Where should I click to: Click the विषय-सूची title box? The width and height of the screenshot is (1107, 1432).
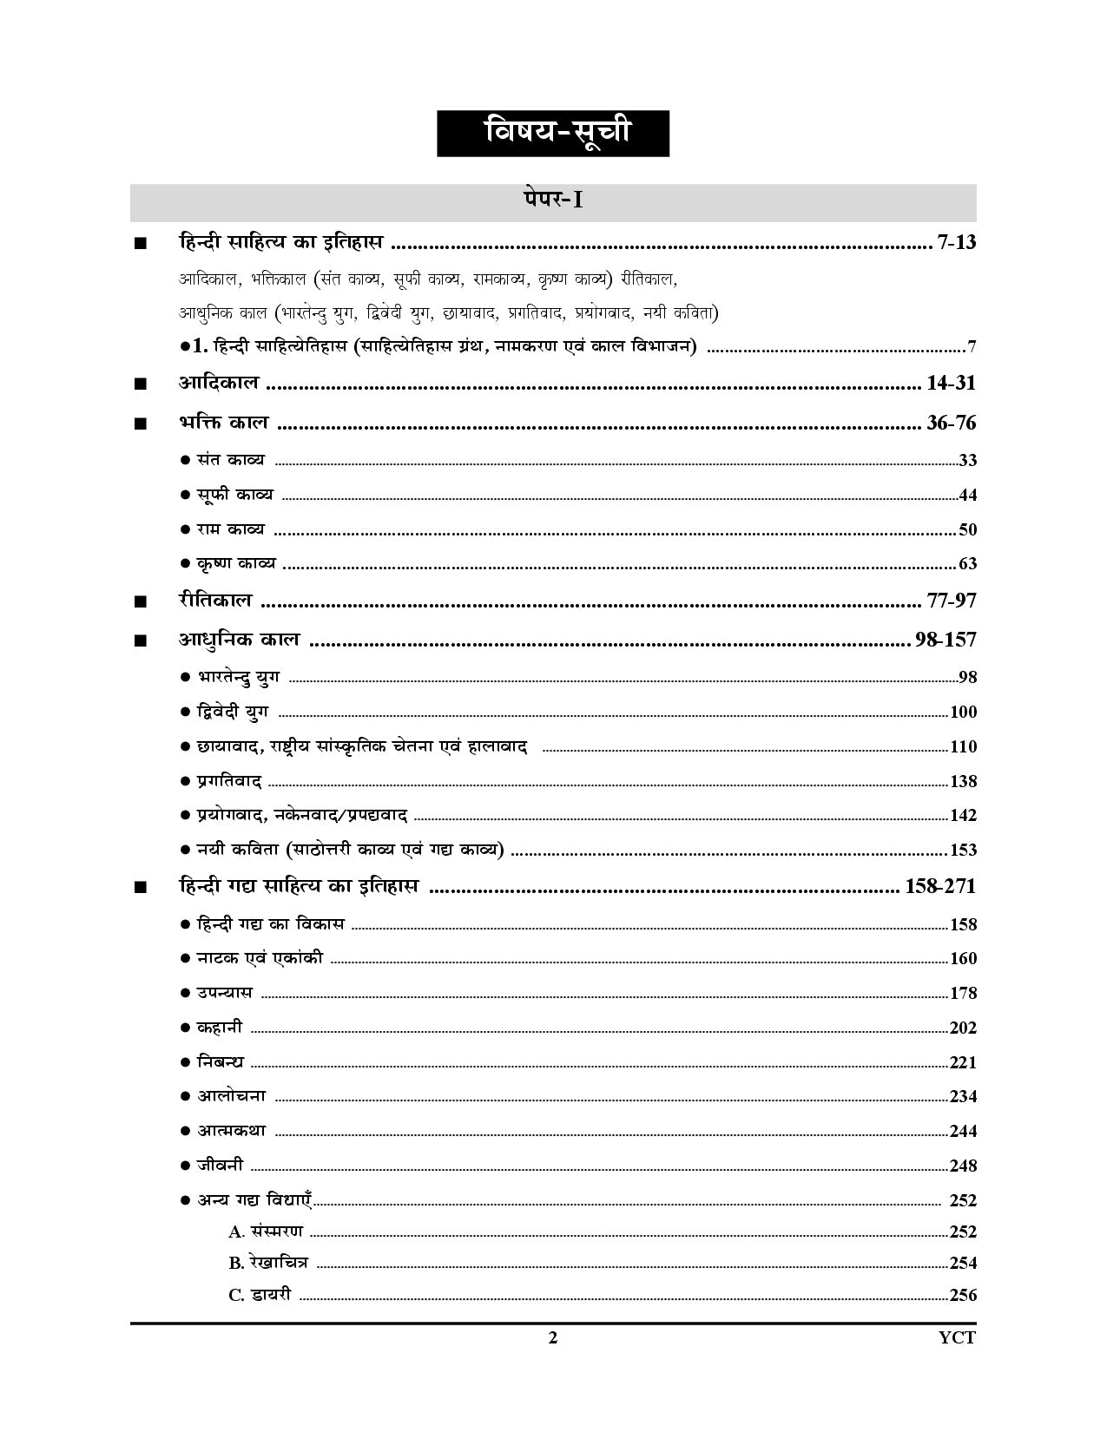pos(552,134)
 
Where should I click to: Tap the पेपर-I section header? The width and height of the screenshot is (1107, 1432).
pos(552,200)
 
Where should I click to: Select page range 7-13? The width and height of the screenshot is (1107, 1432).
pos(957,242)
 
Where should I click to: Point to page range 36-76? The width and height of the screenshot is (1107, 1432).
pos(952,423)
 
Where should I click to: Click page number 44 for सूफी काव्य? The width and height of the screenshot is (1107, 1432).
pos(967,496)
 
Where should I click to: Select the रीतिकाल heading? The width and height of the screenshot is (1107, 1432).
pos(215,600)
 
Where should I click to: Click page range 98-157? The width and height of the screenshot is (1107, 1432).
pos(946,640)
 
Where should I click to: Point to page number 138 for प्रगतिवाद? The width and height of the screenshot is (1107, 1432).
pos(964,781)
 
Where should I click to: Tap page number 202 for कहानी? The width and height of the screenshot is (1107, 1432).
pos(964,1028)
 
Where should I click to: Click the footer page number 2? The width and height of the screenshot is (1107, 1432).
pos(553,1337)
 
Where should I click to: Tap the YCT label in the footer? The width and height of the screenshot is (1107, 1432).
pos(959,1337)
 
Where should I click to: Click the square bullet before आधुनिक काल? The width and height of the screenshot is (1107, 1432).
pos(141,641)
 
